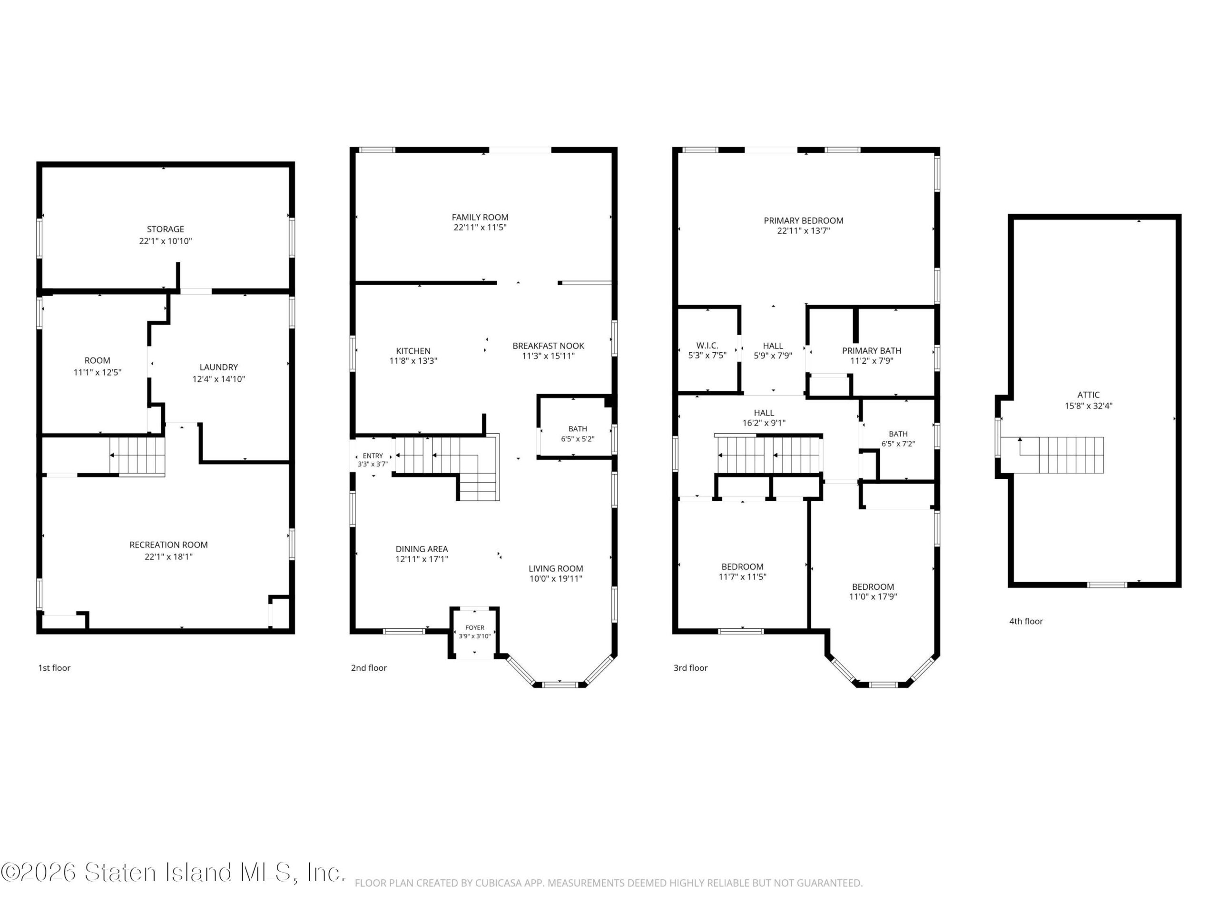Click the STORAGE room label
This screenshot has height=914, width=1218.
click(165, 229)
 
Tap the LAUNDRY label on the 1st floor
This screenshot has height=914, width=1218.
click(218, 367)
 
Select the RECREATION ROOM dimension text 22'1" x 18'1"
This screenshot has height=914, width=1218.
click(168, 556)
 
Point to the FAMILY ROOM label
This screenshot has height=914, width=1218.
click(480, 217)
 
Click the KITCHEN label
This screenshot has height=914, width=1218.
click(413, 351)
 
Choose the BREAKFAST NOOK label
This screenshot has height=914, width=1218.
click(549, 346)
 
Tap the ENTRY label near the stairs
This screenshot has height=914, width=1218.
click(373, 456)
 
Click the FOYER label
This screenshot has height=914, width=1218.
click(475, 627)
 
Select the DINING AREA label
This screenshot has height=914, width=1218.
click(422, 549)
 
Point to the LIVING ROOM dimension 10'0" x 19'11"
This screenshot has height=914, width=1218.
click(556, 578)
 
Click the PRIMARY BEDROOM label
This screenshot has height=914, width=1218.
click(804, 220)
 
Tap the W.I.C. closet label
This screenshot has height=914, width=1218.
click(707, 346)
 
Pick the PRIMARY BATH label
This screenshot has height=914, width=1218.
click(872, 350)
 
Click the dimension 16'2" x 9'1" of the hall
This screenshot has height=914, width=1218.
click(764, 423)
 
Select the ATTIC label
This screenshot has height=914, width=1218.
click(1089, 395)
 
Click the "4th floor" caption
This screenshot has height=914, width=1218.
click(1026, 621)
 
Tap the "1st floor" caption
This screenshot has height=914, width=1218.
click(54, 668)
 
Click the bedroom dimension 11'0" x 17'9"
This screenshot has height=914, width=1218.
click(874, 596)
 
